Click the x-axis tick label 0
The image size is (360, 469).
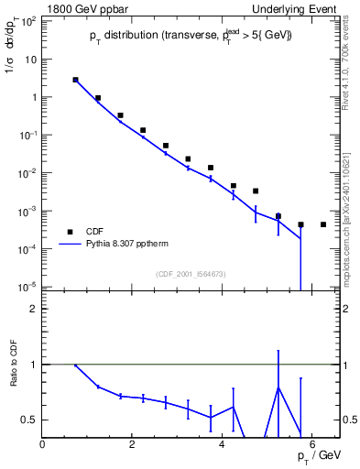tap(43, 445)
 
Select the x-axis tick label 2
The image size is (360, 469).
tap(133, 445)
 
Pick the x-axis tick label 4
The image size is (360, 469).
tap(223, 445)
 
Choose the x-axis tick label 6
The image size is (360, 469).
tap(312, 445)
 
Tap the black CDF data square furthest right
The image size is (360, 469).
tap(323, 224)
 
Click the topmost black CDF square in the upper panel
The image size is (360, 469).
tap(75, 80)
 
